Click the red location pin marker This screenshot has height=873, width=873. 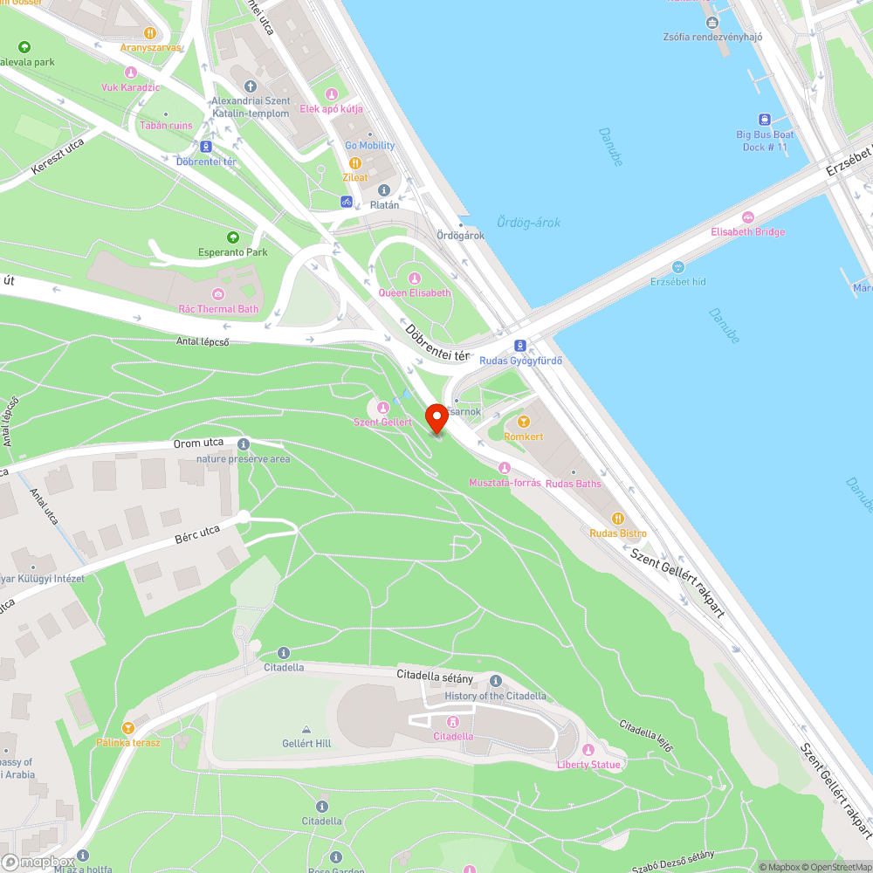pyautogui.click(x=436, y=417)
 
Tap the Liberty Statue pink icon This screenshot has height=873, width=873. pyautogui.click(x=588, y=750)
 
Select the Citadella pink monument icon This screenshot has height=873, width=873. pyautogui.click(x=453, y=721)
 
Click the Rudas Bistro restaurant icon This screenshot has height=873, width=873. pyautogui.click(x=618, y=519)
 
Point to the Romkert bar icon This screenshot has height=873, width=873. pyautogui.click(x=524, y=422)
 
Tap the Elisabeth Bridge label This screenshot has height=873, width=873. pyautogui.click(x=747, y=231)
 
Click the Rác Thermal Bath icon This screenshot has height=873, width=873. pyautogui.click(x=218, y=294)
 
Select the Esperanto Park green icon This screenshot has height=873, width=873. pyautogui.click(x=232, y=237)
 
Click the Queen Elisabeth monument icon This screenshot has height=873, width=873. pyautogui.click(x=415, y=278)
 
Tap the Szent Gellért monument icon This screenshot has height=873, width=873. pyautogui.click(x=382, y=407)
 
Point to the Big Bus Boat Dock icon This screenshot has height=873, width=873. pyautogui.click(x=765, y=120)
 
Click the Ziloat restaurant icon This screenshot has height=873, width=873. pyautogui.click(x=355, y=163)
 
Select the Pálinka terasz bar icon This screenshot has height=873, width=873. pyautogui.click(x=128, y=727)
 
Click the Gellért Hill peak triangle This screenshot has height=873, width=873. pyautogui.click(x=306, y=729)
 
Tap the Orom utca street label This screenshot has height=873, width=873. pyautogui.click(x=198, y=443)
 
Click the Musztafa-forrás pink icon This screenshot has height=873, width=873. pyautogui.click(x=505, y=468)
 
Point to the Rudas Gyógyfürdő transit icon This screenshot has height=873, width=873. pyautogui.click(x=520, y=346)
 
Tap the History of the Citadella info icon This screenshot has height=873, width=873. pyautogui.click(x=496, y=681)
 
